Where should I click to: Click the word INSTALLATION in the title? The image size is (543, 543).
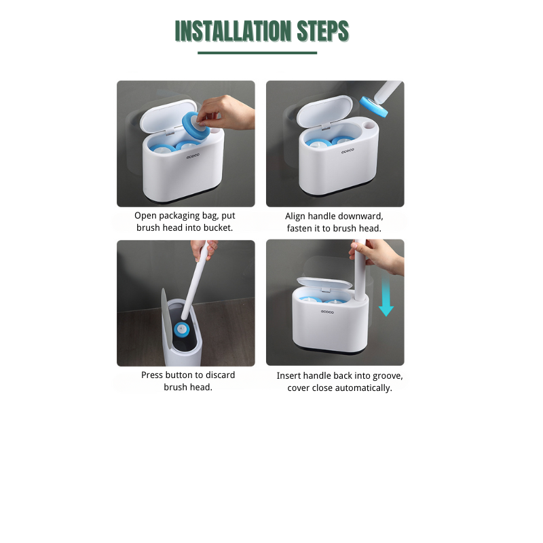click(x=233, y=31)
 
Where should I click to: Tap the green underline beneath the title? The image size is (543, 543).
click(x=257, y=52)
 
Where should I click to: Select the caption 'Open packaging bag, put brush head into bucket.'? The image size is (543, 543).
click(x=185, y=222)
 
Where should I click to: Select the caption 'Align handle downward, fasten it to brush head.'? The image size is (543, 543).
click(x=334, y=222)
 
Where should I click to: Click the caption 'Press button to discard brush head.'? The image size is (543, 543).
click(x=188, y=381)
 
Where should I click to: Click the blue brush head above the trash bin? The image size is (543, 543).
click(x=181, y=330)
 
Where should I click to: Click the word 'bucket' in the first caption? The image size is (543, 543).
click(x=218, y=228)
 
